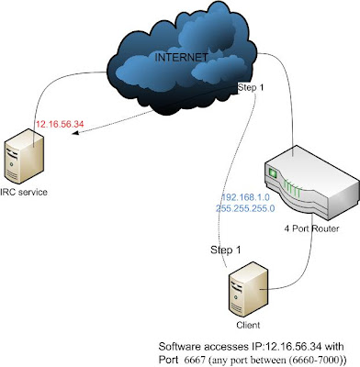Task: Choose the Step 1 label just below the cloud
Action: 253,88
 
